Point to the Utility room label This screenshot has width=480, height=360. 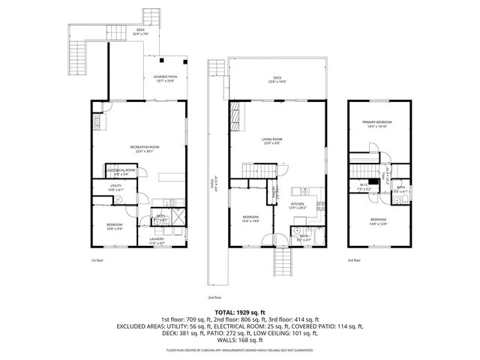point(115,187)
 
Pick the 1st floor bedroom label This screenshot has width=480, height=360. point(115,226)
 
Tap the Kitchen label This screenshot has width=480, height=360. point(298,205)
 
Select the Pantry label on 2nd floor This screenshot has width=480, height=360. point(274,191)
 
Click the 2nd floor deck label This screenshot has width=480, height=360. point(277,79)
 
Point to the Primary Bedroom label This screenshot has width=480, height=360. point(377,124)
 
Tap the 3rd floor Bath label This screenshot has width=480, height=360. point(400,189)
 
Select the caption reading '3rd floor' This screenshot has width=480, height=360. point(354,260)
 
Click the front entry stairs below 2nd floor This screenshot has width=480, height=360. point(283,263)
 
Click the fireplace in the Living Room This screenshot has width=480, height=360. point(235,118)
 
